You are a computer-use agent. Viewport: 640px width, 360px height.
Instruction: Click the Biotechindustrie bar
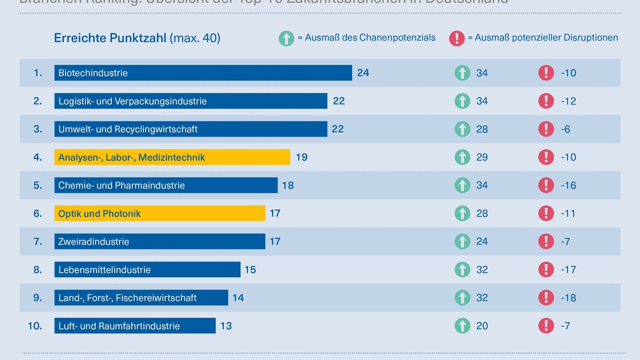203,73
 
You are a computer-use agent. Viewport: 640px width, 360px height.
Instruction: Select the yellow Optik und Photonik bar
159,213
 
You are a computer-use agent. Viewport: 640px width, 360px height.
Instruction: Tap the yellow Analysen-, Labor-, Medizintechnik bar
172,157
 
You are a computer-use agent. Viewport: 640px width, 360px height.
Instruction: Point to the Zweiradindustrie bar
159,242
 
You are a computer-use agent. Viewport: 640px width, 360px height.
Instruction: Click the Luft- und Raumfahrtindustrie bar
135,326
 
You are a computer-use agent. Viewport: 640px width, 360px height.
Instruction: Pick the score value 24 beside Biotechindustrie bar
363,73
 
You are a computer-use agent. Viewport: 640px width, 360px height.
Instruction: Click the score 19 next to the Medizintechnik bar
301,157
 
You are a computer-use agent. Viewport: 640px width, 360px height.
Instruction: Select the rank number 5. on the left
37,186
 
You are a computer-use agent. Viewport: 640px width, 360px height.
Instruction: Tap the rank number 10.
35,326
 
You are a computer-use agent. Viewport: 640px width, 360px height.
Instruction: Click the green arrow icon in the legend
286,38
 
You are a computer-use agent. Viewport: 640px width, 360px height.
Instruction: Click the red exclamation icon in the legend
457,38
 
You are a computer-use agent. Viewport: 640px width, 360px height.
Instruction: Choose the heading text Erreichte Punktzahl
110,38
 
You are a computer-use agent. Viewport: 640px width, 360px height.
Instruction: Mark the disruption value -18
568,298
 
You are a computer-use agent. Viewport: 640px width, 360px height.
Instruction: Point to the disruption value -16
568,186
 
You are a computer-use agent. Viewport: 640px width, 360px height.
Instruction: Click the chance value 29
482,157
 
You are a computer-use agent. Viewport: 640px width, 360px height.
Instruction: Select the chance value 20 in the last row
482,326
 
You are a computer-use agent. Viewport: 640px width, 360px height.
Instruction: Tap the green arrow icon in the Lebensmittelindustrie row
462,270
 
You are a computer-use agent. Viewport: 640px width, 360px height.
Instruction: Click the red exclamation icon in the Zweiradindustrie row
546,242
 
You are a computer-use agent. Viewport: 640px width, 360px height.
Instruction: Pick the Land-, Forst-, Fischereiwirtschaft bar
141,298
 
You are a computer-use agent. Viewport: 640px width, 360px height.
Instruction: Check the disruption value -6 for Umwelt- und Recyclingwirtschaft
565,129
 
